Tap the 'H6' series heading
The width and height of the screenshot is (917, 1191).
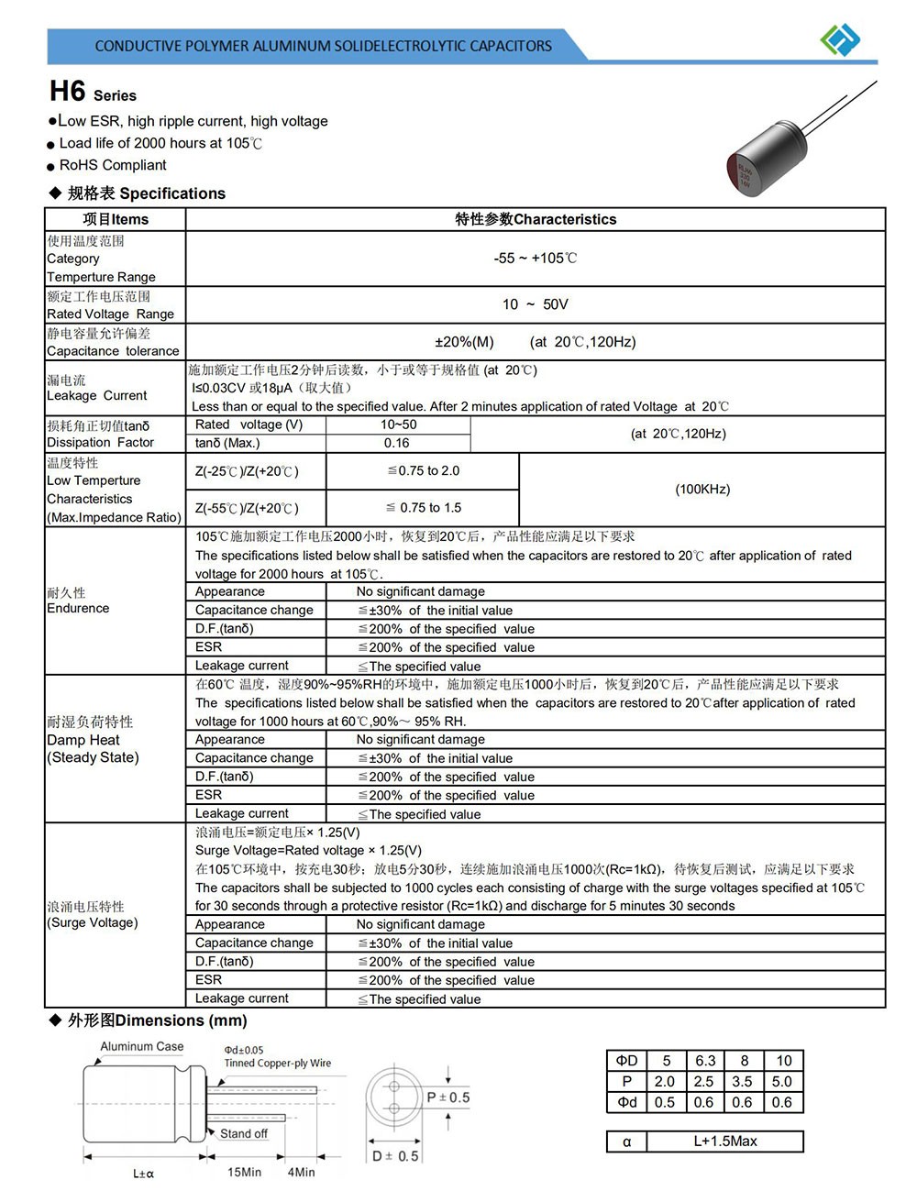click(x=68, y=92)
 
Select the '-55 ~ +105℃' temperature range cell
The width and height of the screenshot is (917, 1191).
click(x=536, y=259)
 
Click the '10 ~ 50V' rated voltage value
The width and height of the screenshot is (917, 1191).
click(x=536, y=304)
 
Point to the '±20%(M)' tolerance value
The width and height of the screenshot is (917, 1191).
click(x=464, y=342)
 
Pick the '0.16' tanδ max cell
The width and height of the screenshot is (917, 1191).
click(x=397, y=443)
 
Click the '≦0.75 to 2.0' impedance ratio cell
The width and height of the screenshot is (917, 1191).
click(x=423, y=471)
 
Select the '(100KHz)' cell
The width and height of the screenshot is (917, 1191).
click(x=702, y=490)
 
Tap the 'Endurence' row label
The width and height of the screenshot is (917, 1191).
click(x=78, y=608)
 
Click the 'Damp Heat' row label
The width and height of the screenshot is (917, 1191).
click(x=83, y=740)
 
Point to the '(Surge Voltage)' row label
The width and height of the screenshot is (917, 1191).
click(x=93, y=922)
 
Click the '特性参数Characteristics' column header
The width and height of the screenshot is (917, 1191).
click(x=536, y=219)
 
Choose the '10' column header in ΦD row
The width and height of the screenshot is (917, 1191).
click(x=783, y=1061)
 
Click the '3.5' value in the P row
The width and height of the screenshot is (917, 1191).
click(x=743, y=1082)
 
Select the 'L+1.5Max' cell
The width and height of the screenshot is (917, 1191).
click(x=725, y=1141)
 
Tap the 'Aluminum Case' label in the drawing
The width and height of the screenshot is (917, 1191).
click(x=142, y=1046)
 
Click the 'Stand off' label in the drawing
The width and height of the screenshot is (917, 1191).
click(x=244, y=1134)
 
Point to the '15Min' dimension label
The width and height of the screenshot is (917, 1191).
click(x=244, y=1173)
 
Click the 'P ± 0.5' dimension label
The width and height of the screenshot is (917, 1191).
click(x=448, y=1097)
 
